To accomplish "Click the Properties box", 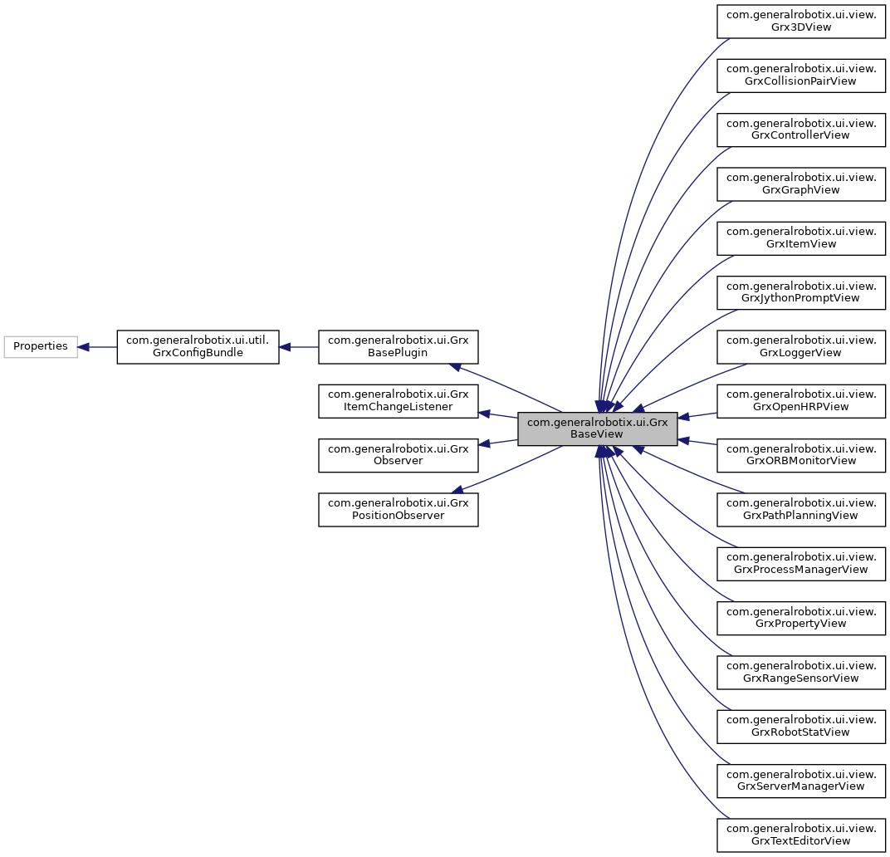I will pos(41,346).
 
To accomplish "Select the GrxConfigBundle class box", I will pos(198,346).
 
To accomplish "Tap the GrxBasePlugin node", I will pos(399,346).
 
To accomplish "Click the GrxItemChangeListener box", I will pos(399,401).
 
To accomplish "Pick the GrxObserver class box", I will pos(399,455).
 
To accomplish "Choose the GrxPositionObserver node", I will pos(399,509).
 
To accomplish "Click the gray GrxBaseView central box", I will pos(598,428).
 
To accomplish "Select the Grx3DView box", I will pos(801,21).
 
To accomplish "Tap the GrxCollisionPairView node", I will pos(801,75).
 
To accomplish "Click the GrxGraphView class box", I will pos(801,184).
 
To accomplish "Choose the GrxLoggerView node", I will pos(801,346).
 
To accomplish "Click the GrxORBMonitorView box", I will pos(801,455).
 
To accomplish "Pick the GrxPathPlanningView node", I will pos(801,509).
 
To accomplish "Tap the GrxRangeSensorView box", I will pos(801,672).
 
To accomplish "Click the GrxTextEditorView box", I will pos(801,835).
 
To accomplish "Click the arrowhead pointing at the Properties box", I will pos(84,346).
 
